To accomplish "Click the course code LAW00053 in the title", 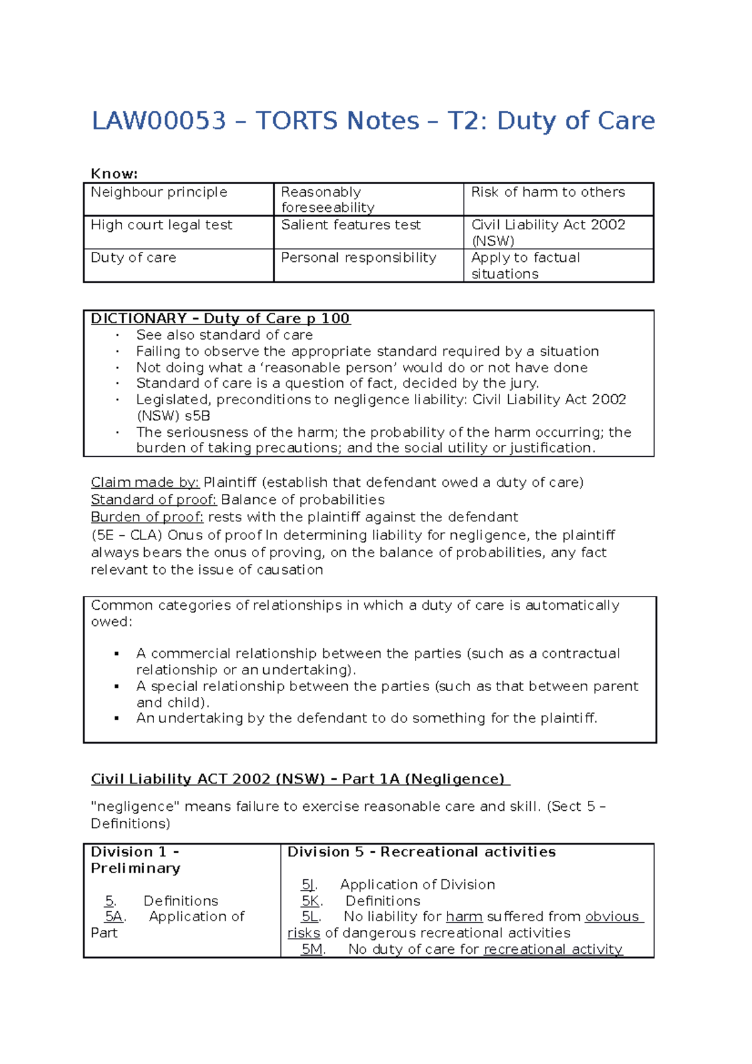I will point(159,121).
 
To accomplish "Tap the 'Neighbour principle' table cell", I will point(159,192).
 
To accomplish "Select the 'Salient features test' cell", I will point(351,225).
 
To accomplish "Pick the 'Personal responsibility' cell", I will point(358,258).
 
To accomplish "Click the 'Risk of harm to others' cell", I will point(548,192).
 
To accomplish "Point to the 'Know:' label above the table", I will point(114,174).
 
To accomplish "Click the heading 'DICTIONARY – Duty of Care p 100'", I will point(221,318).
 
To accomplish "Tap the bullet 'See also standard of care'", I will point(224,335).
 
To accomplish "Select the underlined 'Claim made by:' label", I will point(145,482).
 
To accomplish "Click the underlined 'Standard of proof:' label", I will point(154,500).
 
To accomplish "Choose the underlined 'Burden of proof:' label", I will point(147,517).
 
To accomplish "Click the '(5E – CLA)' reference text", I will point(127,535).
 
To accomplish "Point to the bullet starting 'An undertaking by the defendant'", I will point(367,718).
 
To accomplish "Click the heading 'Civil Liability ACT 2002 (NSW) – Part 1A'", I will point(300,779).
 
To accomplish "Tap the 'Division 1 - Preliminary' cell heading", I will point(135,860).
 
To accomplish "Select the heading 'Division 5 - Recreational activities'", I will point(421,852).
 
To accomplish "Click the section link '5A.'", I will point(115,917).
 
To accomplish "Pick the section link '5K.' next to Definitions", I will point(311,901).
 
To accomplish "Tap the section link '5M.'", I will point(312,949).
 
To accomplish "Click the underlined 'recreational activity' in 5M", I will point(553,949).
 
